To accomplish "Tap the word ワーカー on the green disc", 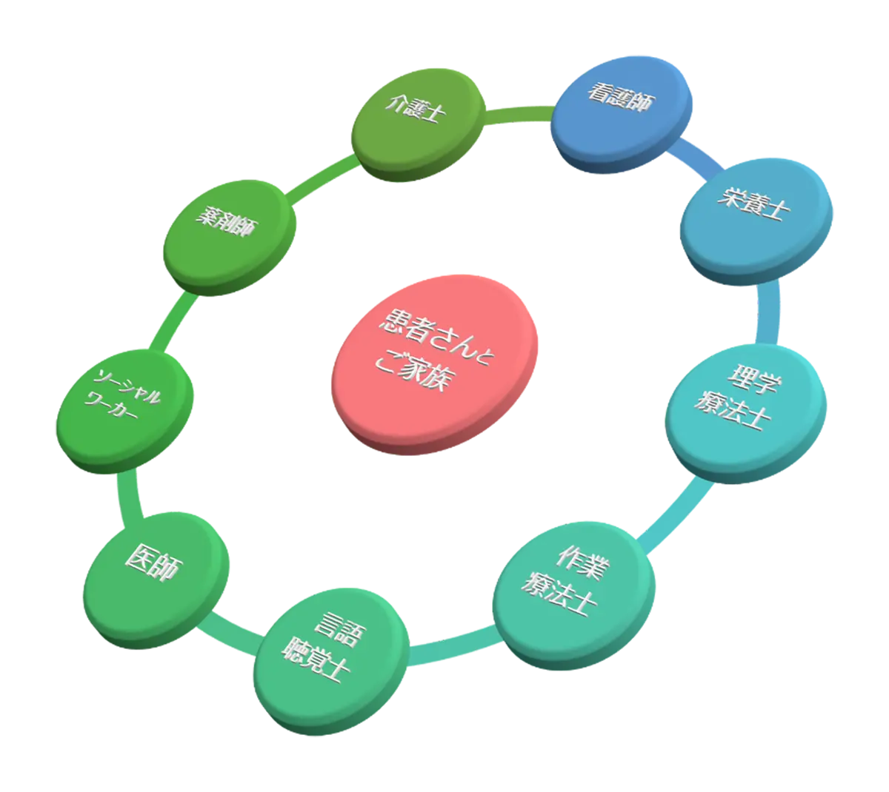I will tap(111, 407).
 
